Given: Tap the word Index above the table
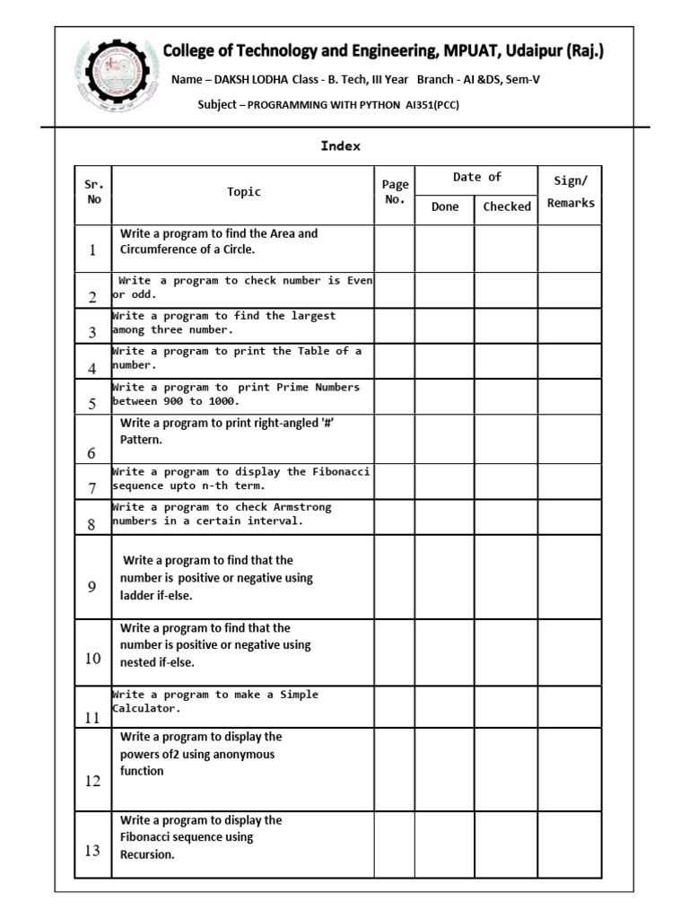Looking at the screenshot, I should pos(340,146).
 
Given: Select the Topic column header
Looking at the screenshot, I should pos(244,191).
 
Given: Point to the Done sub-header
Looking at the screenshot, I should pos(444,206).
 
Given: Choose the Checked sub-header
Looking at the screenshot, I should pos(507,206).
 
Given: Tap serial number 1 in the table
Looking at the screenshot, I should pos(92,250).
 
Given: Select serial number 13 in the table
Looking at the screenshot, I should pos(92,850).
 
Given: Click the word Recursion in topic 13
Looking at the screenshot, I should pos(147,854).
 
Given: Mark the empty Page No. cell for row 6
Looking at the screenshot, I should pos(395,439).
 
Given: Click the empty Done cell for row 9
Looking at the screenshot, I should pos(444,577).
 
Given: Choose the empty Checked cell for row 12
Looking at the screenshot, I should pos(507,769).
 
